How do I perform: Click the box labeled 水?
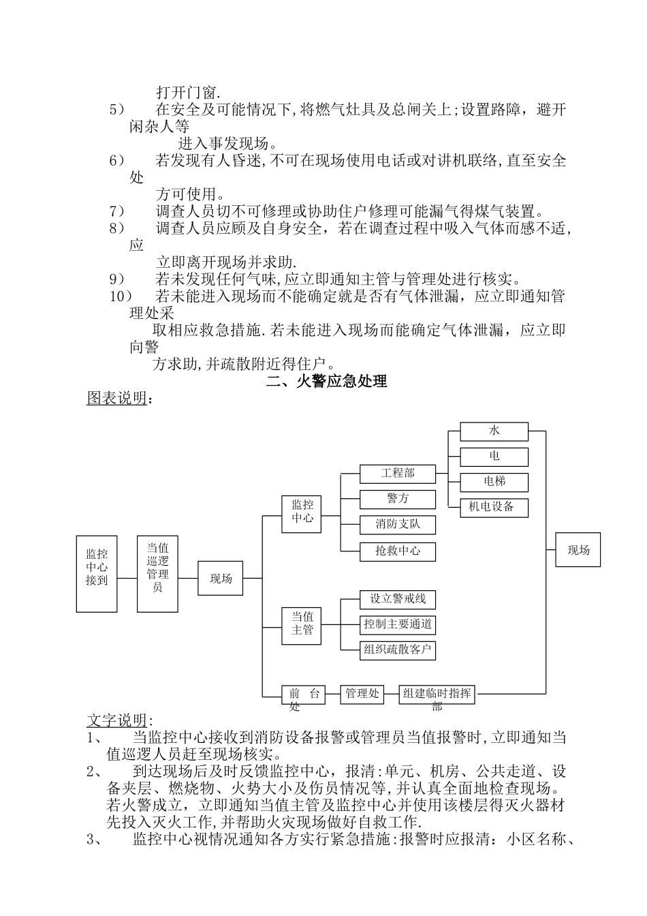tap(494, 431)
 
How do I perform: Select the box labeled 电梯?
tap(494, 481)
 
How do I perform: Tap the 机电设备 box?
tap(494, 506)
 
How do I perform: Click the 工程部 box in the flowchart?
tap(397, 473)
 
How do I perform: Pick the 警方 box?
tap(397, 499)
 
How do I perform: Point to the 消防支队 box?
tap(397, 525)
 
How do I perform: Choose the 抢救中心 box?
tap(397, 551)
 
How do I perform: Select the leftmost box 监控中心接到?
tap(97, 573)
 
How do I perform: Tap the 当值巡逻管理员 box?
tap(157, 573)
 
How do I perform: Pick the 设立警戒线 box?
tap(397, 599)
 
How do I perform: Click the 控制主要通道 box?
tap(397, 624)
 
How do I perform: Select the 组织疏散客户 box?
tap(397, 650)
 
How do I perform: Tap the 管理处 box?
tap(361, 694)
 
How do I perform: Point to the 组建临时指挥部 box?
tap(437, 694)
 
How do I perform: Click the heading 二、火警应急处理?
tap(327, 382)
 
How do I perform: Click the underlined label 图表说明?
tap(116, 399)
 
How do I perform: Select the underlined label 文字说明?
tap(116, 720)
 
